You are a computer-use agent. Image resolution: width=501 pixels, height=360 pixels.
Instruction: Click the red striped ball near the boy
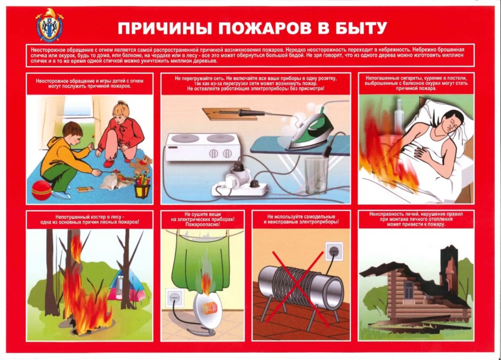(42, 190)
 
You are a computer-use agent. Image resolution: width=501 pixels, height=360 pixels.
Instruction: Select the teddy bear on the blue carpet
(143, 165)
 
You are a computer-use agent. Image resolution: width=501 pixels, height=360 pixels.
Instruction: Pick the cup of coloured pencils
(142, 186)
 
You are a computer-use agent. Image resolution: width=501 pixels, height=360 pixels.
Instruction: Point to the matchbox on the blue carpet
(85, 189)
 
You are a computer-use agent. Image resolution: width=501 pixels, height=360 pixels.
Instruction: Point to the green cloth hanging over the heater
(204, 259)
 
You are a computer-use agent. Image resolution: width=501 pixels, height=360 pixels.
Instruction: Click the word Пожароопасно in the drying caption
(203, 225)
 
